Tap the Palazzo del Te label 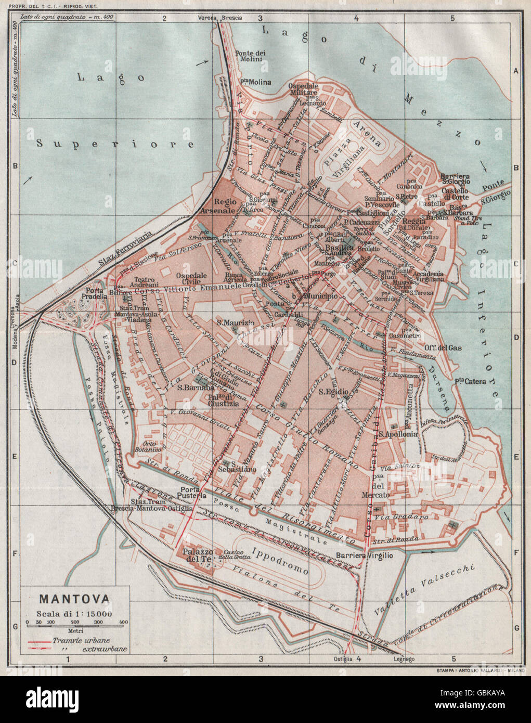click(x=196, y=555)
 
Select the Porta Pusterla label click(x=193, y=492)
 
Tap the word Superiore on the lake click(x=115, y=144)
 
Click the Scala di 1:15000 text click(x=74, y=613)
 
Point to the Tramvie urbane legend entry click(x=81, y=641)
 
